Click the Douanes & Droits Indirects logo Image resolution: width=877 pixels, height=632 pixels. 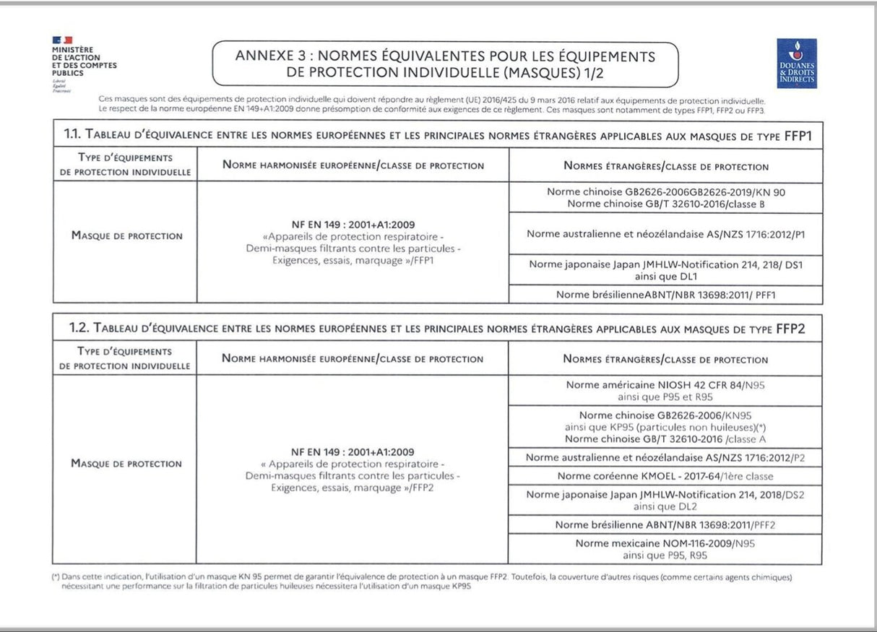click(797, 64)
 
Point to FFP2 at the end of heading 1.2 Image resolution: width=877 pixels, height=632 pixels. click(790, 329)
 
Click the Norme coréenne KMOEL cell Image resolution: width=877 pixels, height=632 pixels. click(665, 476)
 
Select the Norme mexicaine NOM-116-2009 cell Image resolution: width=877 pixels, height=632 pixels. click(665, 549)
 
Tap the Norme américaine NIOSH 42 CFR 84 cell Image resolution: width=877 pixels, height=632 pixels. click(665, 391)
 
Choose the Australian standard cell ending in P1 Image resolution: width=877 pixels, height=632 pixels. click(665, 234)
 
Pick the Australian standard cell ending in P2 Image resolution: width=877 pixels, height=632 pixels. click(665, 457)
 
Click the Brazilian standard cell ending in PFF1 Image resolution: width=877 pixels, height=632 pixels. click(665, 295)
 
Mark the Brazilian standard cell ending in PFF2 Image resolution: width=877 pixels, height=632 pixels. click(665, 525)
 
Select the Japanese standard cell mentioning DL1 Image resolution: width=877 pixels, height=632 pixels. click(665, 270)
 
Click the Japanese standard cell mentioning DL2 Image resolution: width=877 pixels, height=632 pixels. click(665, 501)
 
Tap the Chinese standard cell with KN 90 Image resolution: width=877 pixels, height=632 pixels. click(665, 198)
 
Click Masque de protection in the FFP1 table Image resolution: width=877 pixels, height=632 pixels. click(126, 235)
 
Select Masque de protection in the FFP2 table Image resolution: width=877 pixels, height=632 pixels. click(126, 464)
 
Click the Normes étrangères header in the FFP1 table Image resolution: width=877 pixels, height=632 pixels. click(665, 166)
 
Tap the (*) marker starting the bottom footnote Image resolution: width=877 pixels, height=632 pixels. click(55, 578)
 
